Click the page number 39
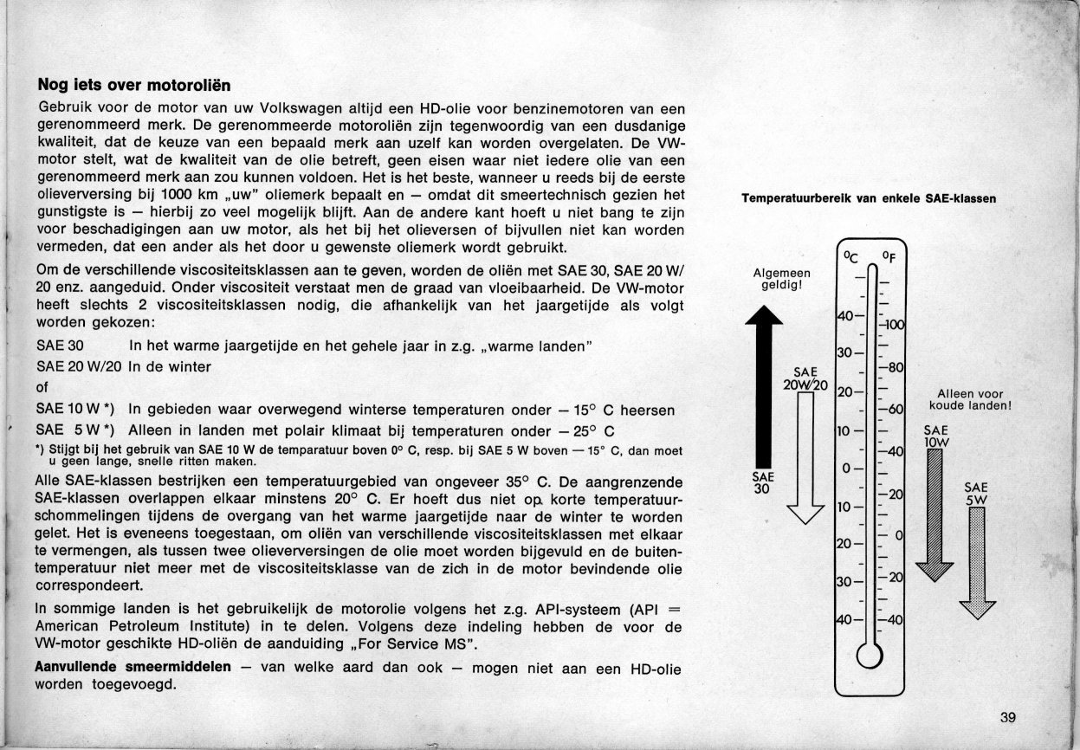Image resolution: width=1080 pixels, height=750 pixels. pyautogui.click(x=1006, y=717)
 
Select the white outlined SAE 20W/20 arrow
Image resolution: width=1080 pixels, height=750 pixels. pyautogui.click(x=805, y=459)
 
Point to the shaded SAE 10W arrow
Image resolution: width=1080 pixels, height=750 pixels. pyautogui.click(x=934, y=511)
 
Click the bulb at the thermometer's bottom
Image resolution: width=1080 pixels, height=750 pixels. pyautogui.click(x=869, y=657)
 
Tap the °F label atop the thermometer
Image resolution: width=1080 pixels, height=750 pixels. pyautogui.click(x=889, y=257)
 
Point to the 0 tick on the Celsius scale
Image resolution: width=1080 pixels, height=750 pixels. pyautogui.click(x=847, y=469)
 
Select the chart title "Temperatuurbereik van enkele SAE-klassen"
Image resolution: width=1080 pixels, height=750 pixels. pyautogui.click(x=868, y=198)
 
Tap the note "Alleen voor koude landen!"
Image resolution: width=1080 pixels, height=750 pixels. pyautogui.click(x=970, y=399)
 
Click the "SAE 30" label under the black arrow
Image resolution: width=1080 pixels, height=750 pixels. pyautogui.click(x=763, y=482)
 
